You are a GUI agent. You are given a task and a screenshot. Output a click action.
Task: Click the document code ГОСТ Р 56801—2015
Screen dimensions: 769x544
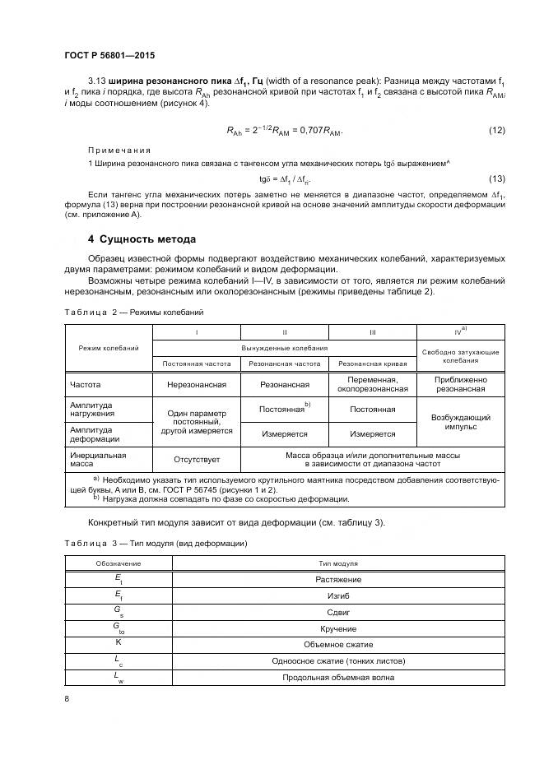click(x=109, y=55)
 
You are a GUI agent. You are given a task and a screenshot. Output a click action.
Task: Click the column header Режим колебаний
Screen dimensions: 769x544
click(x=109, y=348)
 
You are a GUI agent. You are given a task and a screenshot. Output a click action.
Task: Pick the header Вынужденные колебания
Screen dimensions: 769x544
click(x=285, y=348)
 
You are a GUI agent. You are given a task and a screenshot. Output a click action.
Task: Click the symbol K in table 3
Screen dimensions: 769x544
click(x=118, y=642)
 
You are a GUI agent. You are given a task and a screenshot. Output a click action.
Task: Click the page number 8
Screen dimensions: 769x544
click(x=67, y=699)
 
